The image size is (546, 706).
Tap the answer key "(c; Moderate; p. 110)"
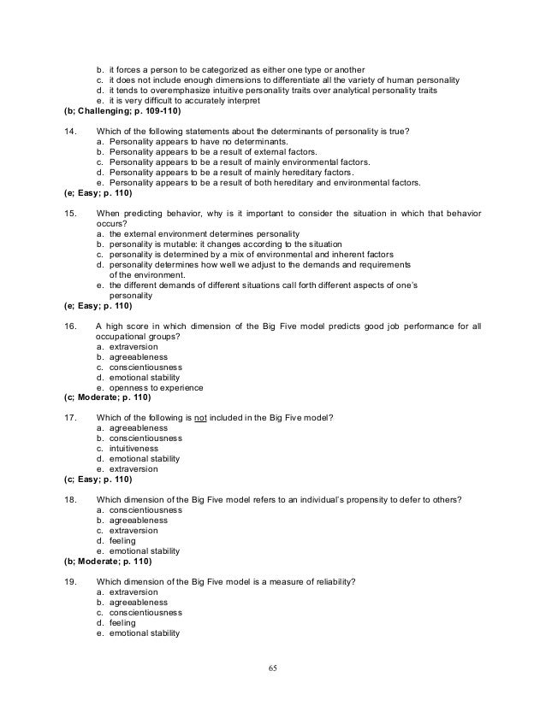108,397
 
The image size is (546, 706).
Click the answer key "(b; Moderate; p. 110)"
108,562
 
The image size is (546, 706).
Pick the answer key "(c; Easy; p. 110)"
98,479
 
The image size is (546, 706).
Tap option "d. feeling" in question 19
121,623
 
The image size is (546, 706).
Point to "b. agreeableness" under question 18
134,521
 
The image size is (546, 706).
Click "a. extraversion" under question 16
128,347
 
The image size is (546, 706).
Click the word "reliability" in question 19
330,581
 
